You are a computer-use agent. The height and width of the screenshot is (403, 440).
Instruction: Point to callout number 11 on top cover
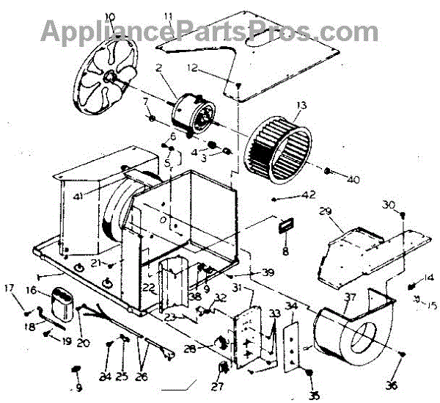click(168, 16)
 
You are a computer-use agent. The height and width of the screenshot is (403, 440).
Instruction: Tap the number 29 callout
click(326, 211)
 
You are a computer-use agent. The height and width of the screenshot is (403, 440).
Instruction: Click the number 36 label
click(392, 385)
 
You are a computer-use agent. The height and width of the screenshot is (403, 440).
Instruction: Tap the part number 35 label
click(315, 396)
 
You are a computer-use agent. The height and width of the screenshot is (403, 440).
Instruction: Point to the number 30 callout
click(390, 204)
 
